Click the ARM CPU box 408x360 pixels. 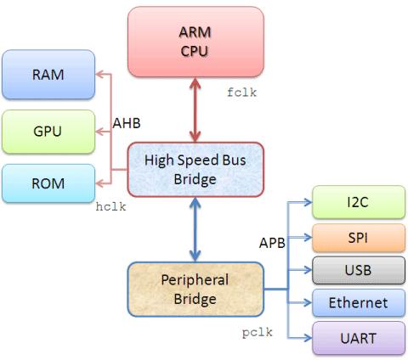pos(196,41)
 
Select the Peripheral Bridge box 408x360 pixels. pos(196,290)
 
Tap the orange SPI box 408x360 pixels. pos(357,235)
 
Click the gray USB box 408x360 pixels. pos(357,270)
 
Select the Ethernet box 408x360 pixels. pos(357,302)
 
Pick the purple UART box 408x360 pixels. pos(357,338)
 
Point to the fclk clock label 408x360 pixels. pos(241,91)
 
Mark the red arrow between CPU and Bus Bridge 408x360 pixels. pos(196,110)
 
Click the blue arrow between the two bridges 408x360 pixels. pos(196,228)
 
